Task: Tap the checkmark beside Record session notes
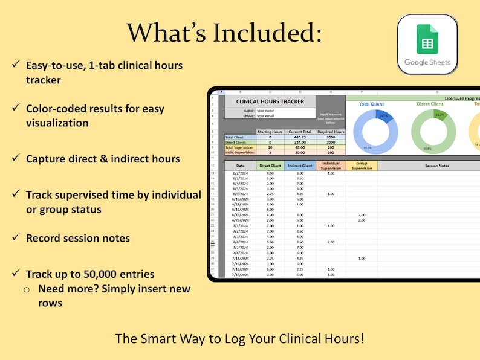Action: [x=15, y=237]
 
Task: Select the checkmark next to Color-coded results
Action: [x=15, y=109]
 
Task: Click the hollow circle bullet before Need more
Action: [x=27, y=289]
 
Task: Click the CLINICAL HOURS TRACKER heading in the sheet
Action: [x=270, y=101]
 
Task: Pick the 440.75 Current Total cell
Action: [x=299, y=137]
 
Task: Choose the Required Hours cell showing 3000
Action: [x=330, y=137]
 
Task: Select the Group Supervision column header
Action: [x=362, y=165]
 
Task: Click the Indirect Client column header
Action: [x=299, y=165]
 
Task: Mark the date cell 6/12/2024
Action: [x=240, y=210]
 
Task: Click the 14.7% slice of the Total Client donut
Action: [x=382, y=115]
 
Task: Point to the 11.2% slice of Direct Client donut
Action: [x=439, y=115]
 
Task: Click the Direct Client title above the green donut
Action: [x=430, y=104]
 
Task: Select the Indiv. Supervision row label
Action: [x=240, y=152]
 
